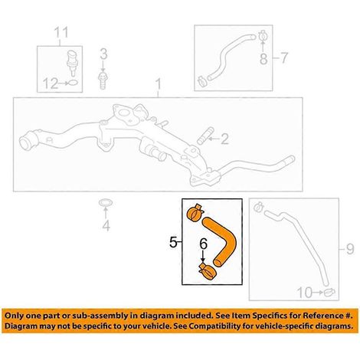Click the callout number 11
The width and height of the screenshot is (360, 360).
pyautogui.click(x=62, y=33)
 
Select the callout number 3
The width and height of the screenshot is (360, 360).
pyautogui.click(x=103, y=54)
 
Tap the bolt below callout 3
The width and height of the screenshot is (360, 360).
pyautogui.click(x=103, y=80)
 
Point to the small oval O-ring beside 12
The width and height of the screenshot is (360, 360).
pyautogui.click(x=73, y=83)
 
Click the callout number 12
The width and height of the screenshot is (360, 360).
pyautogui.click(x=50, y=83)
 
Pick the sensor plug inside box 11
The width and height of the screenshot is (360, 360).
pyautogui.click(x=72, y=63)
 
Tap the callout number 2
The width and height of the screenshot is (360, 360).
pyautogui.click(x=224, y=139)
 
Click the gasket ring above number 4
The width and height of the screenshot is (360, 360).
pyautogui.click(x=106, y=203)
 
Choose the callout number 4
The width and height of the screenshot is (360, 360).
pyautogui.click(x=106, y=226)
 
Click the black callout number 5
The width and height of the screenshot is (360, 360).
pyautogui.click(x=173, y=242)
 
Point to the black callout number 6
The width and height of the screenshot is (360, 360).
pyautogui.click(x=203, y=244)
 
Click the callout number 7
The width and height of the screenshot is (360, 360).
pyautogui.click(x=284, y=58)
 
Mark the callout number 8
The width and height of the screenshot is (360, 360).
pyautogui.click(x=263, y=59)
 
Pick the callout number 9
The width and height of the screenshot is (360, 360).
pyautogui.click(x=350, y=248)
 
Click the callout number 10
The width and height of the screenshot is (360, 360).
pyautogui.click(x=305, y=293)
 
